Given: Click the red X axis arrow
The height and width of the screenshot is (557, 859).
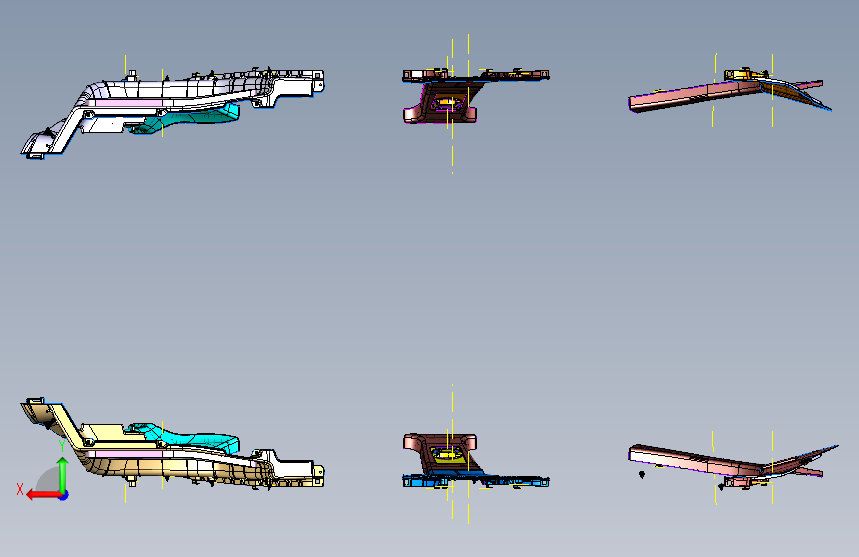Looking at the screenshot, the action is click(36, 494).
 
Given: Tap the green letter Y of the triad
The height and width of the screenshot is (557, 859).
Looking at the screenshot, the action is click(61, 447).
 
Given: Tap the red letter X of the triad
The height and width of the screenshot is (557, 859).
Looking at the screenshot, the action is click(19, 489).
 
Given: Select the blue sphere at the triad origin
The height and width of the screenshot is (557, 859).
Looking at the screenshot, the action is click(63, 494).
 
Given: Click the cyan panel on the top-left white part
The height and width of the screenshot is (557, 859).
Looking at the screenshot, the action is click(198, 116).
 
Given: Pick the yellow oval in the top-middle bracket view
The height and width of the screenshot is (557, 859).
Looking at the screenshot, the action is click(445, 101).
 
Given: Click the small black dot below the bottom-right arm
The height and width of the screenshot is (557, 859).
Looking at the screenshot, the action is click(641, 475).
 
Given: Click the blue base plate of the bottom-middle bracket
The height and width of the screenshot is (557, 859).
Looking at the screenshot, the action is click(476, 482).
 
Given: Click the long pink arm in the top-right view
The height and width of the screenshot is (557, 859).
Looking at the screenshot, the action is click(684, 96).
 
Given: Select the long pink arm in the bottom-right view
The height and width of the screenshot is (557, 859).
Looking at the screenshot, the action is click(684, 458).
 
